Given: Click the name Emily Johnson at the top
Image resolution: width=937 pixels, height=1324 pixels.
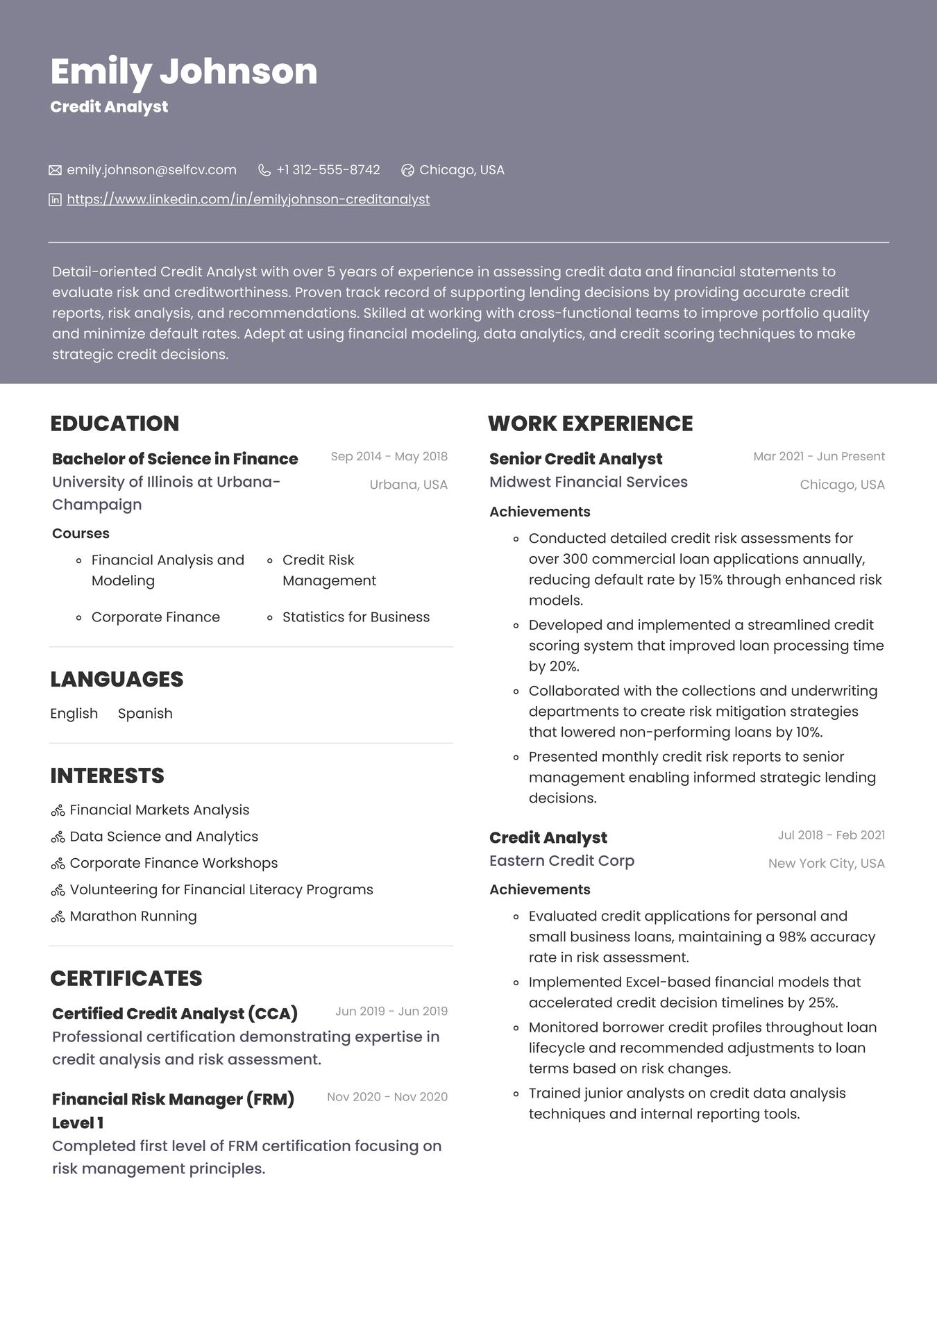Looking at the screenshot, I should point(184,72).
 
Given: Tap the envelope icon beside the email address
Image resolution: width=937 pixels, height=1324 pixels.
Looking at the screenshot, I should point(55,170).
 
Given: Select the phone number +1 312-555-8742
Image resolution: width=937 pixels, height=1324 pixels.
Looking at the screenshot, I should point(328,170).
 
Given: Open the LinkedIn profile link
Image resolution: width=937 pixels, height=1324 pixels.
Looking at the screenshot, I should point(248,199).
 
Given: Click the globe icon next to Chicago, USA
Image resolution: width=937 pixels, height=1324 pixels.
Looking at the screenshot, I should point(408,170).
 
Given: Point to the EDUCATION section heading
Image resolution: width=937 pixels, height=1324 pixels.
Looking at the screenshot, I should point(115,424).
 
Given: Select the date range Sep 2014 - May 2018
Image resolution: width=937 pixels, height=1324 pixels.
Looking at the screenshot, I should point(389,456).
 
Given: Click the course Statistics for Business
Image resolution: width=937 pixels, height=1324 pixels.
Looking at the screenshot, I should point(355,617).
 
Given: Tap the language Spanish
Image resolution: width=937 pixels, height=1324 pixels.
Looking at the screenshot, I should point(145,713).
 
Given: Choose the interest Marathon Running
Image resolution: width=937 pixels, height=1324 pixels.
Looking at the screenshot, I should point(133,916).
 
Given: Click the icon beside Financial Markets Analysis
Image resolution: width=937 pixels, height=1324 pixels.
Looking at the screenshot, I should point(58,810).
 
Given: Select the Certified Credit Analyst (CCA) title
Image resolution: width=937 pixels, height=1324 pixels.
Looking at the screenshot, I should point(175,1013).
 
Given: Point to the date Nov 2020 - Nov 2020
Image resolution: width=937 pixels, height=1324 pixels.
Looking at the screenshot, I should point(387,1096).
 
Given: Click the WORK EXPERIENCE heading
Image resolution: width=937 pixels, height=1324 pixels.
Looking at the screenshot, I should point(590,424).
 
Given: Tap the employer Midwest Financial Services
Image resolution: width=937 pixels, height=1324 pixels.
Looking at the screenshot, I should point(588,482).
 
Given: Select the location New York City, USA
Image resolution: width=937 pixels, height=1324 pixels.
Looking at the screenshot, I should point(826,863).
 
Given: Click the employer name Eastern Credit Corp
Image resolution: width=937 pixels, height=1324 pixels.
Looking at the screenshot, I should point(562,860).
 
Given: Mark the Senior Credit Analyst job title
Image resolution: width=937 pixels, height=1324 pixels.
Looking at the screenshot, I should point(575,459).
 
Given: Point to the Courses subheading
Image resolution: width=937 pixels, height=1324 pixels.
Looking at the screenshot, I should point(81,533).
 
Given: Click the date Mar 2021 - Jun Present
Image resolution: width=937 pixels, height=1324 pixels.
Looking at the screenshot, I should point(819,456).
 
